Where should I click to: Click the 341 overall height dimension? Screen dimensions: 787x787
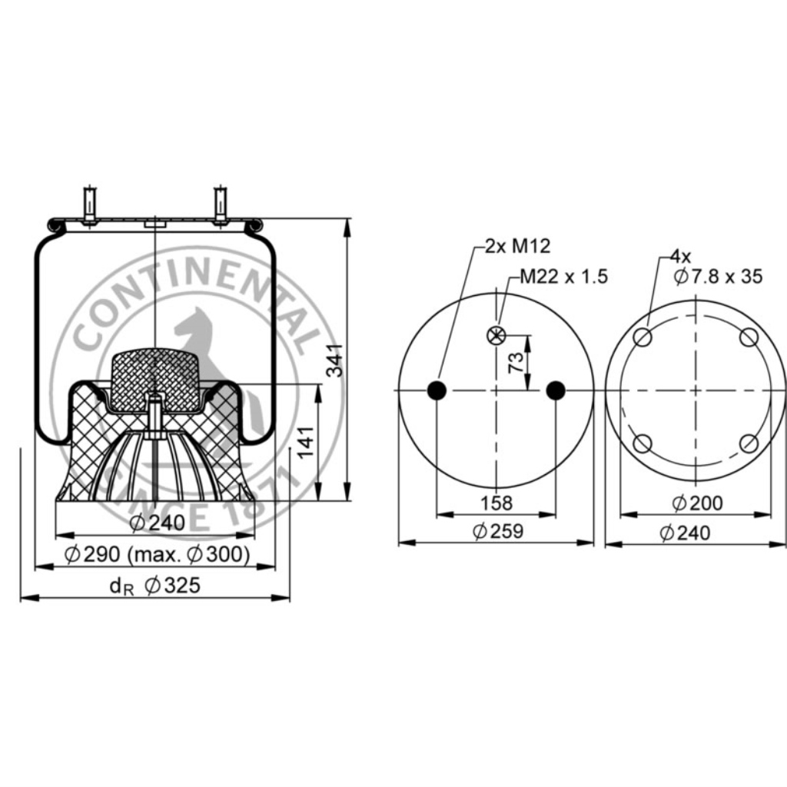(335, 360)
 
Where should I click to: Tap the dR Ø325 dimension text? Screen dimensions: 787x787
(155, 586)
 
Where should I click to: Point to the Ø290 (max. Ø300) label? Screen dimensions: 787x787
(157, 555)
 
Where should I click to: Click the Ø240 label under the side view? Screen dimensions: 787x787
(158, 523)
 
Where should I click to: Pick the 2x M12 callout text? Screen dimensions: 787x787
(517, 246)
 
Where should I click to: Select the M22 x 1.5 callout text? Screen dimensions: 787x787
(563, 277)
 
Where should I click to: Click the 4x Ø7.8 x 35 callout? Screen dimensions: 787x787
(716, 267)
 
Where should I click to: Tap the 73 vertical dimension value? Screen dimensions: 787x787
(516, 363)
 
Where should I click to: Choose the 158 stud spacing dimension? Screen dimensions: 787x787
(496, 503)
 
